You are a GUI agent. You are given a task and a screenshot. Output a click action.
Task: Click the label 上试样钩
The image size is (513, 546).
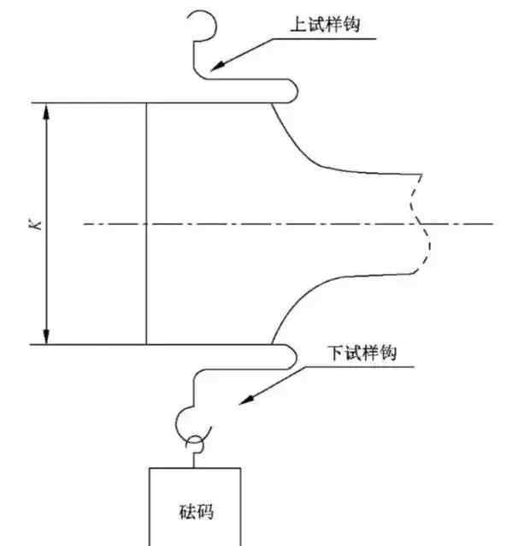(325, 25)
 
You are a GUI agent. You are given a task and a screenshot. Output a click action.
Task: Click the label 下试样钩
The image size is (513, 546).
(362, 353)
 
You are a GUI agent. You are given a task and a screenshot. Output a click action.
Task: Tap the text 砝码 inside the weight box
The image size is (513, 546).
(196, 512)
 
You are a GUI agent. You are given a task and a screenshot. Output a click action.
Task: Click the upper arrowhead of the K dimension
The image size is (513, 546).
(46, 111)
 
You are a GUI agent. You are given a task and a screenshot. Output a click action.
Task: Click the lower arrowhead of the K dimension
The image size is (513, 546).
(46, 336)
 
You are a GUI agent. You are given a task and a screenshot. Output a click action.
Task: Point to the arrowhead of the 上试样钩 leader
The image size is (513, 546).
(218, 66)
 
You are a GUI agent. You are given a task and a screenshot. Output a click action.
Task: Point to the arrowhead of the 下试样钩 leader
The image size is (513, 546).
(246, 401)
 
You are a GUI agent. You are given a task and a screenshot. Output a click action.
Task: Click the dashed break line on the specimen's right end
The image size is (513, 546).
(419, 223)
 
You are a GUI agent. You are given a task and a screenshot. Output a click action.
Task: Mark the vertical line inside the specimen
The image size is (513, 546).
(146, 223)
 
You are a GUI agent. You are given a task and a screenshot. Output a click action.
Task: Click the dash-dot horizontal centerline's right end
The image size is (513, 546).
(492, 223)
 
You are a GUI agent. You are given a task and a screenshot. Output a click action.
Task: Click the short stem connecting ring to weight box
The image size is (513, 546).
(194, 460)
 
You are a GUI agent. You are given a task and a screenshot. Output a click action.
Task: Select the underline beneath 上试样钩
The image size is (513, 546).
(324, 39)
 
